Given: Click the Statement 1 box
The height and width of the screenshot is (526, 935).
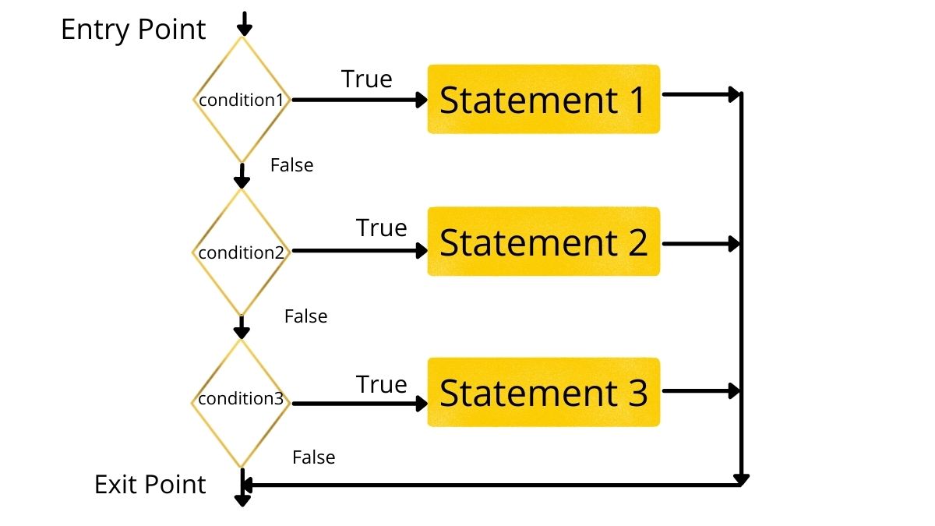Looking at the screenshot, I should tap(543, 99).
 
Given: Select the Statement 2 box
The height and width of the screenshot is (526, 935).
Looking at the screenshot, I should tap(543, 242).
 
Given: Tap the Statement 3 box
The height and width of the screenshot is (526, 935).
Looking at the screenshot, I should tap(543, 392).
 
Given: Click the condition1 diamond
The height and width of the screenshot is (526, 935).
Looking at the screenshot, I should tap(242, 100).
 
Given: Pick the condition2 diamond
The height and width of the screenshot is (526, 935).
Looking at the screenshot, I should tap(242, 252).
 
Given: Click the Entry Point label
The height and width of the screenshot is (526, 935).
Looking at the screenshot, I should tap(133, 30).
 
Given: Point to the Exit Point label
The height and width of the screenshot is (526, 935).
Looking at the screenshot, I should tap(150, 484).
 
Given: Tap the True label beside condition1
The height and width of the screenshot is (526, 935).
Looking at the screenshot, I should tap(366, 79).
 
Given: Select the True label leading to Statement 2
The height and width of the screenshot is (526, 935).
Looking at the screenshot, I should tap(381, 228).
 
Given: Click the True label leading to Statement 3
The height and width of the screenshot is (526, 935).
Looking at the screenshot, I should tap(381, 384).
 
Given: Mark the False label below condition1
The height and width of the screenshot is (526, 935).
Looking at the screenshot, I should tap(291, 165).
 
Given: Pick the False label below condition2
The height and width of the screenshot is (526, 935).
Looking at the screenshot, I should tap(305, 316).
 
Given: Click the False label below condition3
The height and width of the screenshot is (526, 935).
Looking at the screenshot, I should tap(313, 457).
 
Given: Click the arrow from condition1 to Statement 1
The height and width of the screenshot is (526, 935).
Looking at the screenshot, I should tap(358, 100).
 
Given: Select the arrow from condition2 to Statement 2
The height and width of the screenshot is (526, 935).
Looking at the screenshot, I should tap(358, 250).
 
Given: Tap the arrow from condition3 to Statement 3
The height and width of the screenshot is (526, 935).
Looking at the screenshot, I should tap(358, 403).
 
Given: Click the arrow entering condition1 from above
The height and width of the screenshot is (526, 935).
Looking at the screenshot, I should tap(245, 23).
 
